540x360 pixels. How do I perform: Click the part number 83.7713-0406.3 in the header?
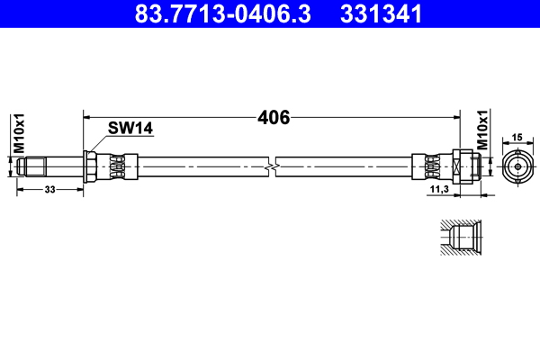[x=222, y=13]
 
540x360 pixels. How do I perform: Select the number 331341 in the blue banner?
[x=381, y=13]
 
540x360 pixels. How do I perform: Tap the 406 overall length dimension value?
[x=274, y=118]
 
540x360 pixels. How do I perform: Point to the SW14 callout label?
[x=130, y=128]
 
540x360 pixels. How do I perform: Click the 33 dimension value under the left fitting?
[x=49, y=190]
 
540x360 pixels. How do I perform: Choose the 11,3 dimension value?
[x=439, y=189]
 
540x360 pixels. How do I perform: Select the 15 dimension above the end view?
[x=517, y=137]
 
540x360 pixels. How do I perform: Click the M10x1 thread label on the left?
[x=19, y=133]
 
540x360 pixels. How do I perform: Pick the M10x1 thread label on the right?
[x=482, y=130]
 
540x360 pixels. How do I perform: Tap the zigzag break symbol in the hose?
[x=272, y=166]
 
